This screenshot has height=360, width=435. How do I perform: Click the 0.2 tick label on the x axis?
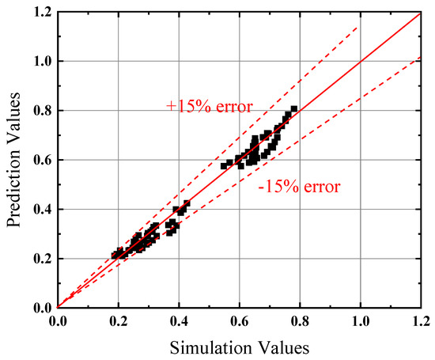[118, 323]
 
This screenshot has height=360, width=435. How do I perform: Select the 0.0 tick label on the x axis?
[58, 323]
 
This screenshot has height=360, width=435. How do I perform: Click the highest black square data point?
[293, 109]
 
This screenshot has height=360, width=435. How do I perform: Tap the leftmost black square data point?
[115, 255]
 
